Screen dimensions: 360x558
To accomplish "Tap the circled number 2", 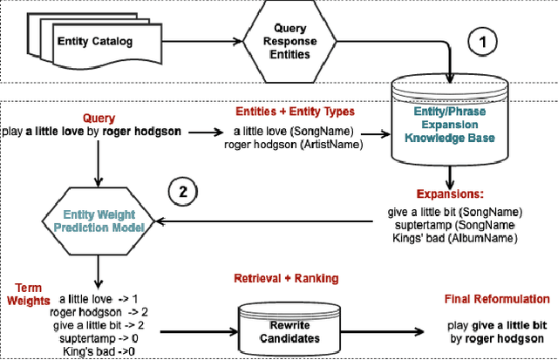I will [182, 191].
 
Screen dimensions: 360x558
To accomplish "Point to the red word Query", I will [99, 118].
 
